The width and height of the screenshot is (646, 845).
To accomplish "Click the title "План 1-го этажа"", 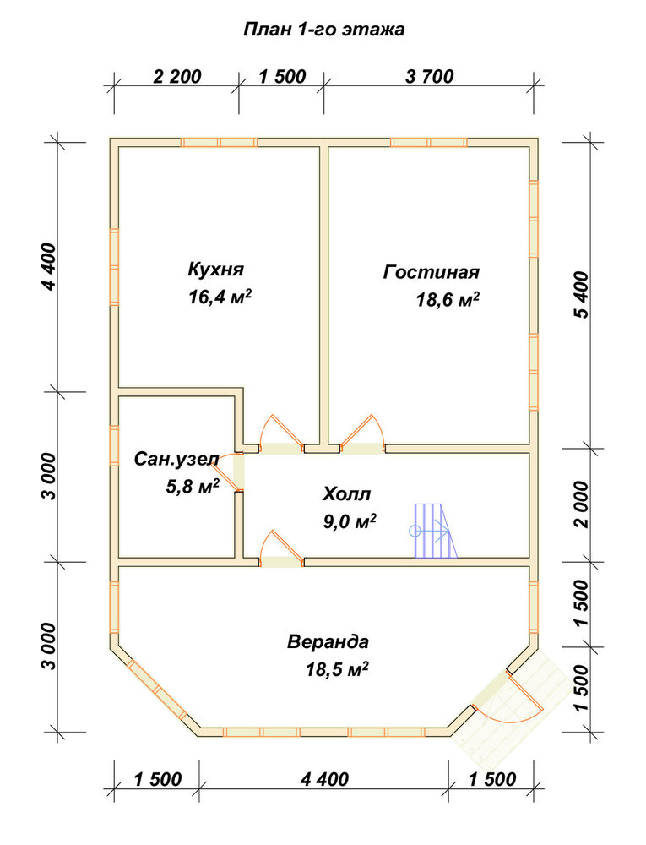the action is coord(323,29).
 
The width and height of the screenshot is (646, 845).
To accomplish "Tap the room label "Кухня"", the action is coord(216,269).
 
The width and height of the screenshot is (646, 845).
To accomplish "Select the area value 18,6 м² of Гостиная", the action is coord(448,299).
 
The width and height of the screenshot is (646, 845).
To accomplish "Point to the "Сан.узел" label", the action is coord(176,459).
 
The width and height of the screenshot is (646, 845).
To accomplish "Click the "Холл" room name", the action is coord(347,493).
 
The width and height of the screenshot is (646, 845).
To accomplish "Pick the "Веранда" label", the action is coord(328,642).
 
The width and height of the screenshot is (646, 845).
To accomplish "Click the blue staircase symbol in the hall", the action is coord(435,531).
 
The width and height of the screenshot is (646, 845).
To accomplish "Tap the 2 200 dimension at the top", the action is coord(177,77).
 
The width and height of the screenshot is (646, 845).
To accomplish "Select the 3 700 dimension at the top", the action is coord(430,77).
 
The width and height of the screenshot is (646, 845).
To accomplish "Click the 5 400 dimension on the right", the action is coord(582,295).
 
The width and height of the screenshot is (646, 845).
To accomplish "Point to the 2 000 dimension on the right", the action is coord(582,505).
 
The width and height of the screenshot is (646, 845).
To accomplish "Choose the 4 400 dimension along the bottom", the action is coord(324,779).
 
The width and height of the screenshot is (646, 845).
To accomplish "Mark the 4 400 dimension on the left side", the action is coord(49,267).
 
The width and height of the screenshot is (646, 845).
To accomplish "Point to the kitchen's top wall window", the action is coord(219,142).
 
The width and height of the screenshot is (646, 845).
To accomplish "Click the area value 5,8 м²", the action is coord(193,488).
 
